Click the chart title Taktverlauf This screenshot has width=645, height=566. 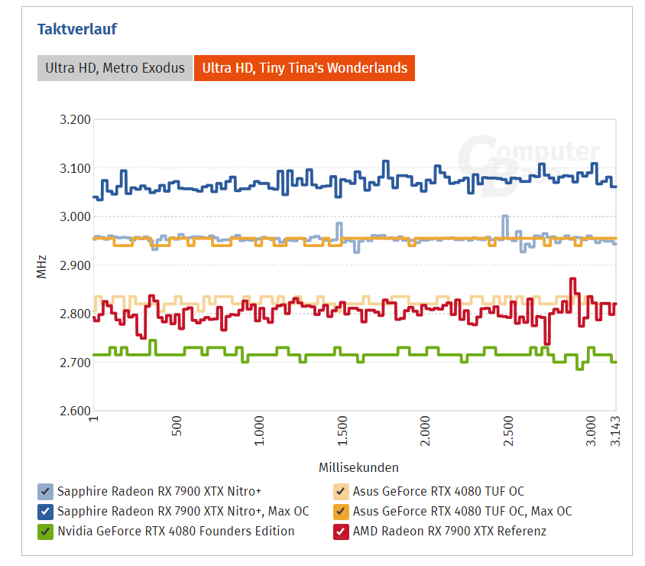(77, 30)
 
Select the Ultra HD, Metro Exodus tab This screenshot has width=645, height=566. (115, 68)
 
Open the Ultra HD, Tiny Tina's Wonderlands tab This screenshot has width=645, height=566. (304, 68)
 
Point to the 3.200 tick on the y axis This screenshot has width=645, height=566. (75, 119)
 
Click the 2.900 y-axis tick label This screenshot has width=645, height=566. (75, 265)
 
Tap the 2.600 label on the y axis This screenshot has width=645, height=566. (75, 411)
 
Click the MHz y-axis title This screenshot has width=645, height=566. (42, 265)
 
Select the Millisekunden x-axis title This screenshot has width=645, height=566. (354, 467)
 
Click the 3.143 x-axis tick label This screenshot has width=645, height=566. (616, 434)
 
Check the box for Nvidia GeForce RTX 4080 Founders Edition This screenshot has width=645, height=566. (45, 531)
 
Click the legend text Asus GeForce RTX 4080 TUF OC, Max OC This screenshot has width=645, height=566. (462, 511)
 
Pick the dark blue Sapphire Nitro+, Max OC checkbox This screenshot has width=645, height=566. (45, 511)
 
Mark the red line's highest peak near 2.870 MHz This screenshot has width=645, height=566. (572, 280)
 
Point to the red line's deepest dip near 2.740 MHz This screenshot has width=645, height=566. (546, 343)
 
